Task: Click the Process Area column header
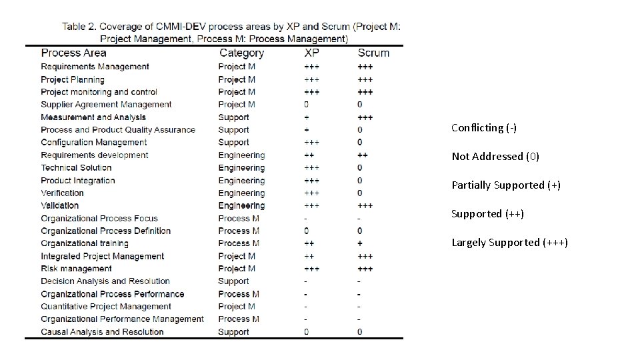[x=73, y=53]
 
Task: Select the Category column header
[x=241, y=53]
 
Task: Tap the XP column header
[x=311, y=53]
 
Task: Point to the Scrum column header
[x=373, y=53]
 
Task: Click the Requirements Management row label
[x=95, y=67]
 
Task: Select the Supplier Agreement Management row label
[x=106, y=105]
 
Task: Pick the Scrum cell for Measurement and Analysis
[x=365, y=117]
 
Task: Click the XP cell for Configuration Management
[x=311, y=143]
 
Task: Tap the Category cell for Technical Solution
[x=241, y=168]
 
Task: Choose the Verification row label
[x=62, y=193]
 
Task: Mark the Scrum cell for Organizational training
[x=360, y=243]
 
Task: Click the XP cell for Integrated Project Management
[x=309, y=256]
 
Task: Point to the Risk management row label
[x=76, y=269]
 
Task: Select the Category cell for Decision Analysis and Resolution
[x=233, y=281]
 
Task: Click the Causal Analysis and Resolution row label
[x=102, y=332]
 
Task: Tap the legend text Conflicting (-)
[x=483, y=128]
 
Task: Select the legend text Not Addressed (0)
[x=495, y=157]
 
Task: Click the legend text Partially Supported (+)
[x=506, y=185]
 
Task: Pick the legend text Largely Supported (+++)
[x=509, y=243]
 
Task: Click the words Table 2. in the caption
[x=79, y=27]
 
